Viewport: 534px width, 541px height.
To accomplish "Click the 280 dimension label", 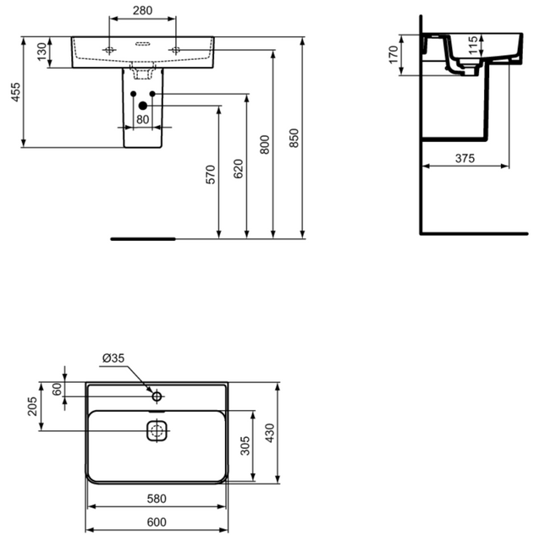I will click(x=142, y=11).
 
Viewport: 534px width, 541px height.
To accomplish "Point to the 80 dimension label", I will click(x=142, y=119).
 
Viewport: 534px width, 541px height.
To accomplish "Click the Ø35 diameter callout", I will click(x=113, y=358).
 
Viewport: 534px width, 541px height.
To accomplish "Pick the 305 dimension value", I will click(x=245, y=445).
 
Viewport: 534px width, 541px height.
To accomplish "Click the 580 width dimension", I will click(x=156, y=498).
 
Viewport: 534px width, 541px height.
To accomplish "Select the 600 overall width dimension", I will click(x=156, y=522).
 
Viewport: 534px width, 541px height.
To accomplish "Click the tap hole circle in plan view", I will click(x=157, y=396).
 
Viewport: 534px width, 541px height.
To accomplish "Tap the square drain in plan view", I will click(x=157, y=430).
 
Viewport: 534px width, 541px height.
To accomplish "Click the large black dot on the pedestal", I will click(x=143, y=106).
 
